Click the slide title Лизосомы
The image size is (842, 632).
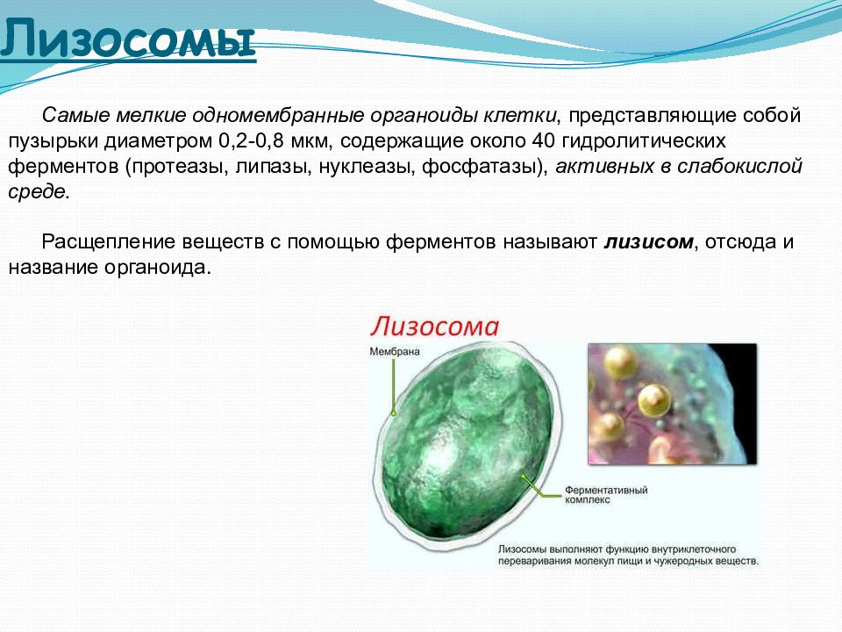128,39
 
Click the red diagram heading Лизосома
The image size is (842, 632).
434,327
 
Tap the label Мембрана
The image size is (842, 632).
395,351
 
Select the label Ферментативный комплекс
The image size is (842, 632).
606,494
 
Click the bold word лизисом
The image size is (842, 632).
649,242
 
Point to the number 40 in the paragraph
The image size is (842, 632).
544,140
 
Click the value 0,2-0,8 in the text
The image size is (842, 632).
251,141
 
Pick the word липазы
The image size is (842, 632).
274,167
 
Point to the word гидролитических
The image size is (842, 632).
644,141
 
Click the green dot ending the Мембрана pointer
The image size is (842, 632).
394,413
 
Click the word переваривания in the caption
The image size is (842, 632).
534,561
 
